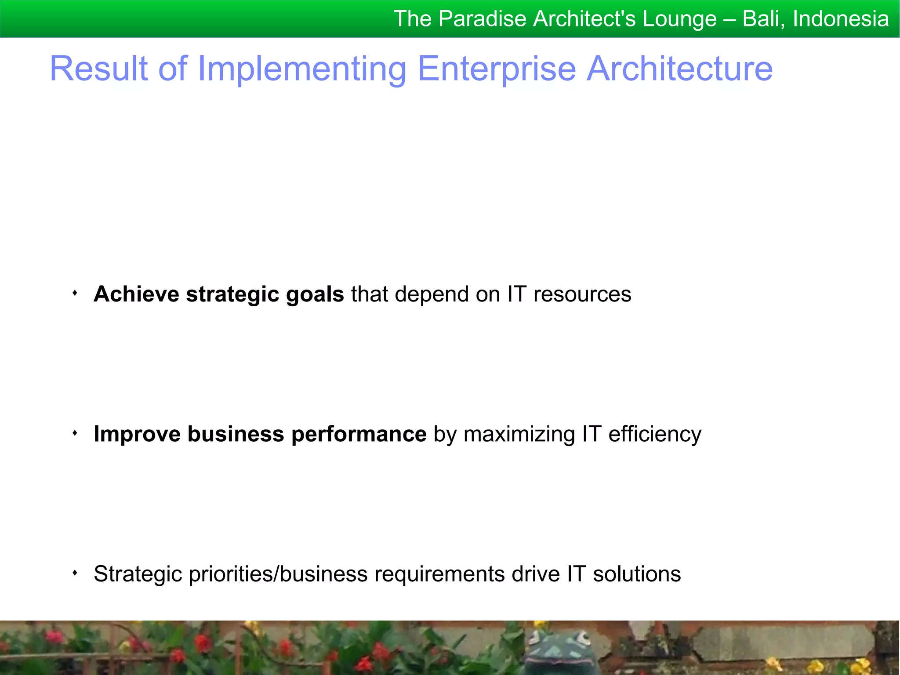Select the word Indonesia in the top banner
click(x=841, y=19)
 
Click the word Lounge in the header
click(x=679, y=19)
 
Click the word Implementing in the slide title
click(x=302, y=69)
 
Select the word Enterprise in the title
click(x=497, y=69)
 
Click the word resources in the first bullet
click(x=582, y=294)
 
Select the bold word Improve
click(x=137, y=435)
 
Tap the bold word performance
click(x=359, y=435)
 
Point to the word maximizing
click(x=519, y=435)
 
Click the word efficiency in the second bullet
click(x=655, y=435)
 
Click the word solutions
click(x=637, y=574)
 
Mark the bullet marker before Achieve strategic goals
click(x=75, y=293)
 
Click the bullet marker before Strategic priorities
click(x=75, y=573)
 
